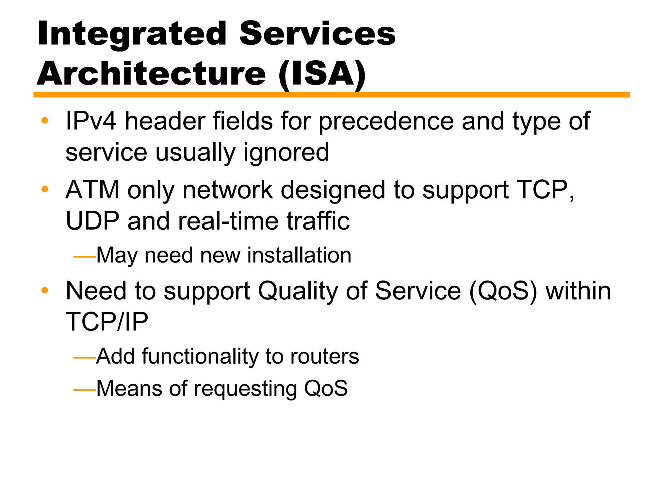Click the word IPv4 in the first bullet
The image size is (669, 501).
(91, 121)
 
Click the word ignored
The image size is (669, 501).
(286, 153)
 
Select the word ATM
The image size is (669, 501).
(92, 190)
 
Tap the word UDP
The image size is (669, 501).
(92, 221)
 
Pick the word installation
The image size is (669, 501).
(299, 255)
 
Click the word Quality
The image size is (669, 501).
(298, 291)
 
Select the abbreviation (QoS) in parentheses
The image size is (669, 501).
(503, 291)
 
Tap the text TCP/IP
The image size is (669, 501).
(107, 322)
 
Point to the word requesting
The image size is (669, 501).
(245, 389)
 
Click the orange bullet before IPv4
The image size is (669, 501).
(45, 121)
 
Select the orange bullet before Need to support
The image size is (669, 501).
(45, 290)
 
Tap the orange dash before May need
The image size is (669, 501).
(84, 257)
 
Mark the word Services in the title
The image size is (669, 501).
(317, 34)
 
